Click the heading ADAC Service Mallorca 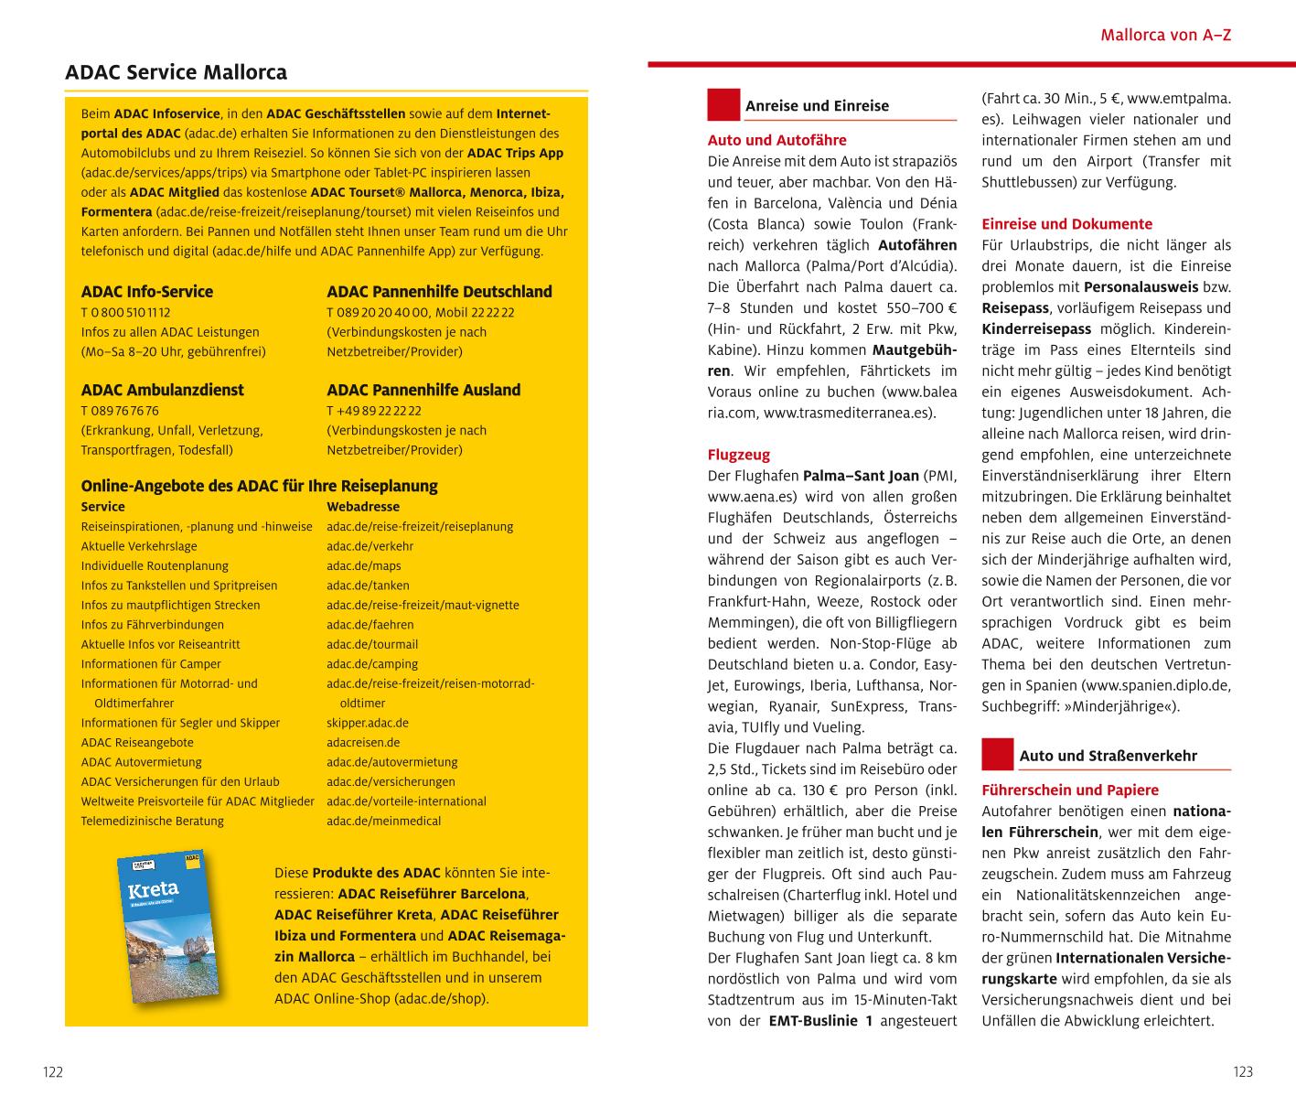176,72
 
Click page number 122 53,1072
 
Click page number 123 1242,1072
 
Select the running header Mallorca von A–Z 1165,36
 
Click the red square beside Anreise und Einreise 723,104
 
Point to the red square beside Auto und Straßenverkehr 997,755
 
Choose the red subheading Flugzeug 739,455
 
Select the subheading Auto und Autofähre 777,140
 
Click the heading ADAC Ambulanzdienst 162,390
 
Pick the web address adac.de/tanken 368,586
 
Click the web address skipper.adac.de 368,723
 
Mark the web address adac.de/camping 372,664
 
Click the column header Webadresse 363,507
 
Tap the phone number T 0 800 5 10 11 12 125,312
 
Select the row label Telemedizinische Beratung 152,821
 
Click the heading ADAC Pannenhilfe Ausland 423,390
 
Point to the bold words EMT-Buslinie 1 819,1020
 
